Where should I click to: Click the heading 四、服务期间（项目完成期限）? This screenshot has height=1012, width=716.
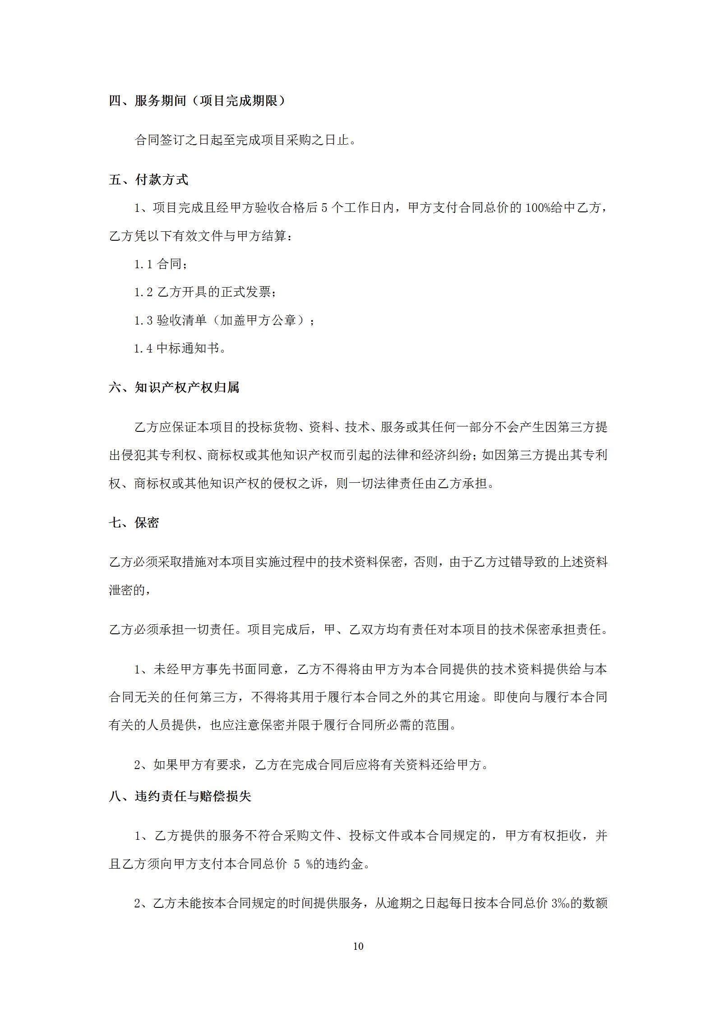click(197, 101)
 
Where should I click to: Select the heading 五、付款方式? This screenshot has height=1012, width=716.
click(148, 180)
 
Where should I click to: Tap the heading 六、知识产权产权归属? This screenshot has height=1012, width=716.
click(174, 387)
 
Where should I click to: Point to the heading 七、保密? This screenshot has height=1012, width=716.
click(134, 523)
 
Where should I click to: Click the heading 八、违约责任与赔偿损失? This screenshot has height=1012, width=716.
click(180, 797)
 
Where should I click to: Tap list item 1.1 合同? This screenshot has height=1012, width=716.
click(161, 264)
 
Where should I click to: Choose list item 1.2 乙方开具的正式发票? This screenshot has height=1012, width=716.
click(205, 292)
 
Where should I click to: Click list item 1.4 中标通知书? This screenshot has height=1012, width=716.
click(180, 348)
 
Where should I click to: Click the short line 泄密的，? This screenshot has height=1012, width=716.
click(130, 590)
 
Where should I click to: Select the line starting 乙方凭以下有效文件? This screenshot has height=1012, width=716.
click(201, 236)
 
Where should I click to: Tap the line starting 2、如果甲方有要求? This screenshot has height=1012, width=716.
click(312, 765)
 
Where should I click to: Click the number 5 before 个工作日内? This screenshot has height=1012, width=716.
click(324, 208)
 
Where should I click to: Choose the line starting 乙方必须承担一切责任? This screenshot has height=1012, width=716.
click(358, 629)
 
